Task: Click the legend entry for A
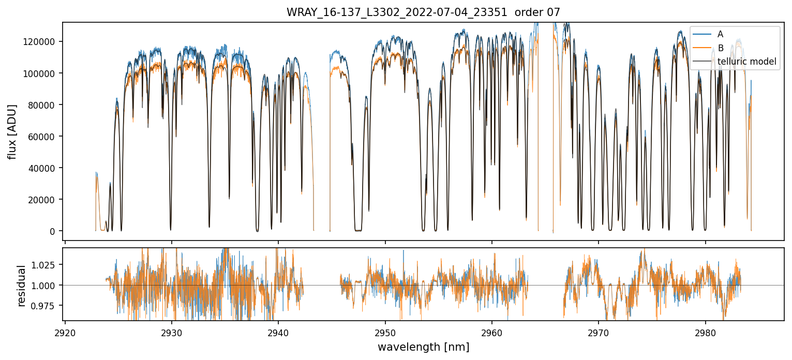click(x=720, y=35)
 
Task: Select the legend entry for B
click(x=720, y=48)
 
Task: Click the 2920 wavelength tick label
click(x=65, y=331)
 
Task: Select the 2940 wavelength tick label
click(x=278, y=331)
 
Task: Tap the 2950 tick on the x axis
click(x=385, y=331)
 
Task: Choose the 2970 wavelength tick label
click(x=599, y=331)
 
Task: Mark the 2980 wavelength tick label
click(x=705, y=331)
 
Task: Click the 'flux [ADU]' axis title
click(x=12, y=131)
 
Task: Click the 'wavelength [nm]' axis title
click(x=423, y=347)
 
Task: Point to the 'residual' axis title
click(x=22, y=286)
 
